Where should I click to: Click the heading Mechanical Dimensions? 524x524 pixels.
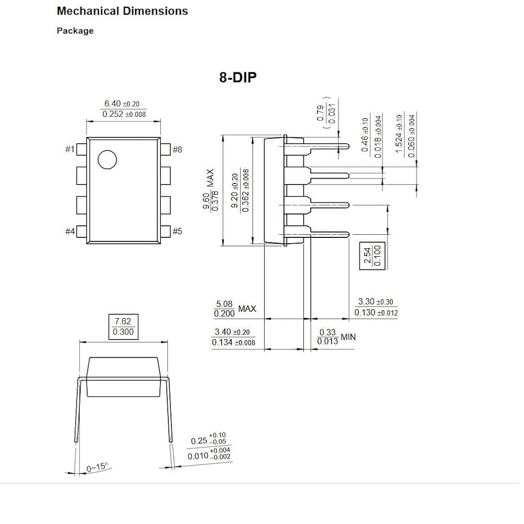pyautogui.click(x=122, y=11)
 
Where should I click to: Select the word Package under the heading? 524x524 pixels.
pyautogui.click(x=75, y=31)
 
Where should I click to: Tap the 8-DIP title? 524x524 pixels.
pyautogui.click(x=238, y=78)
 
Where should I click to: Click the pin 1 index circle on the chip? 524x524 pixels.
pyautogui.click(x=107, y=159)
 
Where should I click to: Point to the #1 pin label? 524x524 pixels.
pyautogui.click(x=70, y=150)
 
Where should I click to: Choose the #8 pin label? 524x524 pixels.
pyautogui.click(x=177, y=150)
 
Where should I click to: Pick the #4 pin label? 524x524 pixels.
pyautogui.click(x=70, y=231)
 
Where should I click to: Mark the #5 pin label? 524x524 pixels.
pyautogui.click(x=177, y=231)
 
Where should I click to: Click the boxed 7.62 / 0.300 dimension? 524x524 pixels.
pyautogui.click(x=123, y=326)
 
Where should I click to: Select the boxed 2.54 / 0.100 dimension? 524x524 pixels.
pyautogui.click(x=372, y=255)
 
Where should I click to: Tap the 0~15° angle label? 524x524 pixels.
pyautogui.click(x=97, y=466)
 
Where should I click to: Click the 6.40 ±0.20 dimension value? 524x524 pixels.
pyautogui.click(x=124, y=104)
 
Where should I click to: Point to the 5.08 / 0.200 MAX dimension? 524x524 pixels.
pyautogui.click(x=235, y=309)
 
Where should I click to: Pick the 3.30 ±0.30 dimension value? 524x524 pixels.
pyautogui.click(x=375, y=302)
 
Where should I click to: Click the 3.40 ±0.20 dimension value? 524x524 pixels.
pyautogui.click(x=233, y=332)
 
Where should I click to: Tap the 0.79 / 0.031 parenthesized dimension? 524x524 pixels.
pyautogui.click(x=325, y=112)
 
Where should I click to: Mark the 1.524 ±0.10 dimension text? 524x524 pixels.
pyautogui.click(x=400, y=135)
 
